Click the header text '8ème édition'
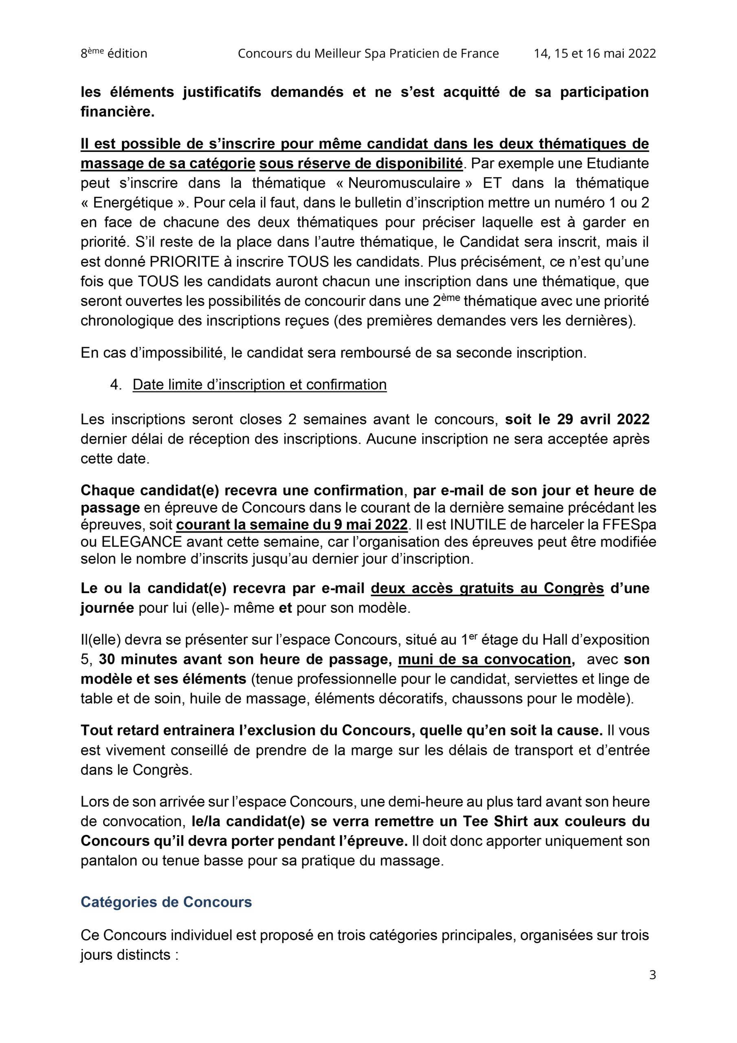[x=114, y=54]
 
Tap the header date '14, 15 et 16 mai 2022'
[x=594, y=54]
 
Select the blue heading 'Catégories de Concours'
[x=166, y=902]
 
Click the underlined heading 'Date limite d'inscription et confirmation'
[x=260, y=384]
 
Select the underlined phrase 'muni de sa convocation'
[x=484, y=659]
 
